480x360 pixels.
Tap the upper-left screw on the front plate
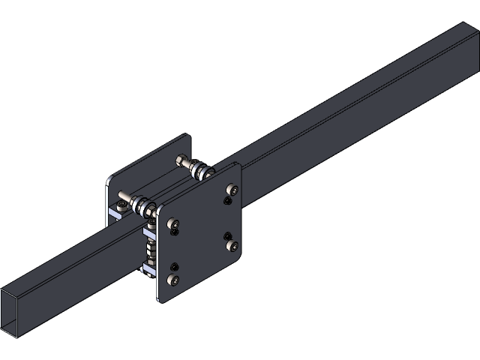pyautogui.click(x=174, y=223)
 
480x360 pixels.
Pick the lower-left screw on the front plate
pyautogui.click(x=174, y=280)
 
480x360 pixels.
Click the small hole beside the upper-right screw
pyautogui.click(x=227, y=201)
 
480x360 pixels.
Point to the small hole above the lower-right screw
pyautogui.click(x=227, y=237)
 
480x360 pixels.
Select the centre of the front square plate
pyautogui.click(x=199, y=233)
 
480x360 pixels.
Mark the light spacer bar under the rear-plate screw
pyautogui.click(x=115, y=214)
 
